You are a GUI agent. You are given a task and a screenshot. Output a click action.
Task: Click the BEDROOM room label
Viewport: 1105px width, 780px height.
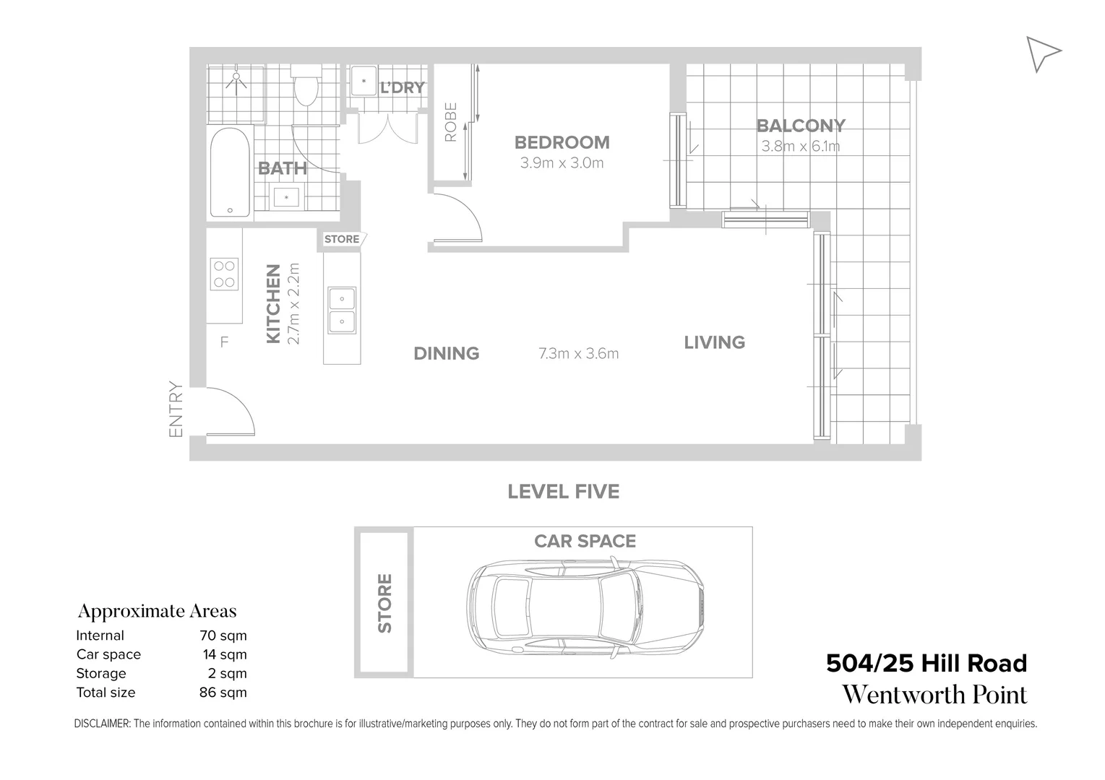tap(562, 142)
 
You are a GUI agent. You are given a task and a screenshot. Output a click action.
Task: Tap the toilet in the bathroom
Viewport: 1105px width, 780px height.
tap(306, 87)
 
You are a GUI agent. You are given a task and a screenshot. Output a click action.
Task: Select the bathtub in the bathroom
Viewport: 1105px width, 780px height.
tap(231, 173)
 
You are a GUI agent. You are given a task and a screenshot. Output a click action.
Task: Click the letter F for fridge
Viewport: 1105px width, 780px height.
tap(224, 342)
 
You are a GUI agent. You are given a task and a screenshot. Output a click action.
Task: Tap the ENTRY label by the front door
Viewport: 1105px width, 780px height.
tap(176, 409)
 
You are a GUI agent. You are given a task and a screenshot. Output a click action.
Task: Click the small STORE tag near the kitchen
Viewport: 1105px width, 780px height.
tap(342, 239)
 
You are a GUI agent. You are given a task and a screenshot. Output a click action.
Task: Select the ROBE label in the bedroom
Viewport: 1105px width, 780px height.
tap(450, 121)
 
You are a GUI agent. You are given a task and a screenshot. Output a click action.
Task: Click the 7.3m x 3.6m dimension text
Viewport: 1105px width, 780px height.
tap(578, 354)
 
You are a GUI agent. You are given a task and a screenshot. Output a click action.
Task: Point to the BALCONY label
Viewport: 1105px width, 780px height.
tap(800, 126)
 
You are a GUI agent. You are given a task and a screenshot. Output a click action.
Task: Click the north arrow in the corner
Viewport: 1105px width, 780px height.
tap(1041, 53)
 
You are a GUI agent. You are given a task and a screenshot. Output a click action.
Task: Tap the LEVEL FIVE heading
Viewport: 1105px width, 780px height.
tap(563, 492)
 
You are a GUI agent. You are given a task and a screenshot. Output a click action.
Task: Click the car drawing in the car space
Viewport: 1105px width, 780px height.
tap(585, 606)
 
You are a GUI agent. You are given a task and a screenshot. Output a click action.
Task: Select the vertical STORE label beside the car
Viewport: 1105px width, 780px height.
tap(384, 603)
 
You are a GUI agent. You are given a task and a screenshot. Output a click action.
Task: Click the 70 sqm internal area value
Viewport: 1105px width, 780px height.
tap(223, 636)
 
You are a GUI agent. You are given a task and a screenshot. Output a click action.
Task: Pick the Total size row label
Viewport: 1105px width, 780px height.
tap(106, 692)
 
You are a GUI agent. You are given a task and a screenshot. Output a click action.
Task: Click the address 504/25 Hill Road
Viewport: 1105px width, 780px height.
tap(926, 663)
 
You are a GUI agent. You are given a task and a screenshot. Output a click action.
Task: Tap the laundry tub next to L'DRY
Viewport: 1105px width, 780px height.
tap(364, 82)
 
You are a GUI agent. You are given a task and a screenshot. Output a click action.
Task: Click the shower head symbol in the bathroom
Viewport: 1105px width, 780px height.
tap(236, 78)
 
